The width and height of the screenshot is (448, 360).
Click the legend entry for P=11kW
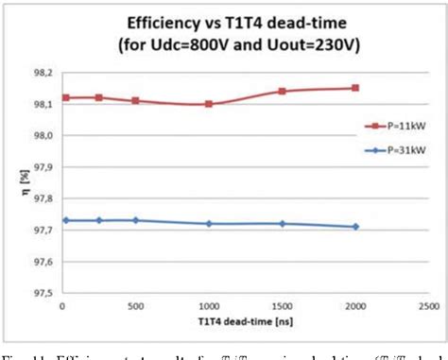(x=393, y=124)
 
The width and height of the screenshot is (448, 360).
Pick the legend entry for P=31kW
(x=393, y=148)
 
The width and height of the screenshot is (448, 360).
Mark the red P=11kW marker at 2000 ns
(x=355, y=88)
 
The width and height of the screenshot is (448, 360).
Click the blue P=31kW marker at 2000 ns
(x=355, y=227)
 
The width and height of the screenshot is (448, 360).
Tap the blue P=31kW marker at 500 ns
(x=135, y=220)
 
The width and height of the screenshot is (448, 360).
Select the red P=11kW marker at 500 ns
(x=135, y=100)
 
